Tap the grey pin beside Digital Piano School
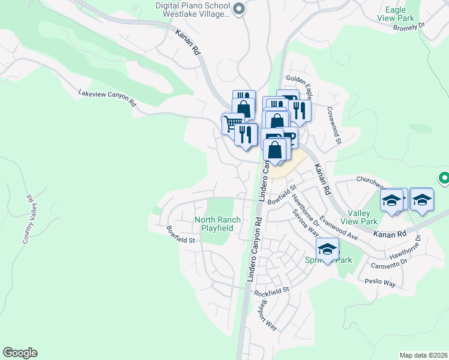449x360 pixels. point(239,8)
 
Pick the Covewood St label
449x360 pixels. point(334,125)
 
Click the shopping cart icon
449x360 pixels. point(232,124)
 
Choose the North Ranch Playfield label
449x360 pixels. point(217,224)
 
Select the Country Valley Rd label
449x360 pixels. point(29,218)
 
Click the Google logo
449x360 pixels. point(20,353)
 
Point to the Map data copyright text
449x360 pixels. point(423,355)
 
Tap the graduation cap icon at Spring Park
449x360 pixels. point(327,249)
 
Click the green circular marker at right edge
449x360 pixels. point(444,178)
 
